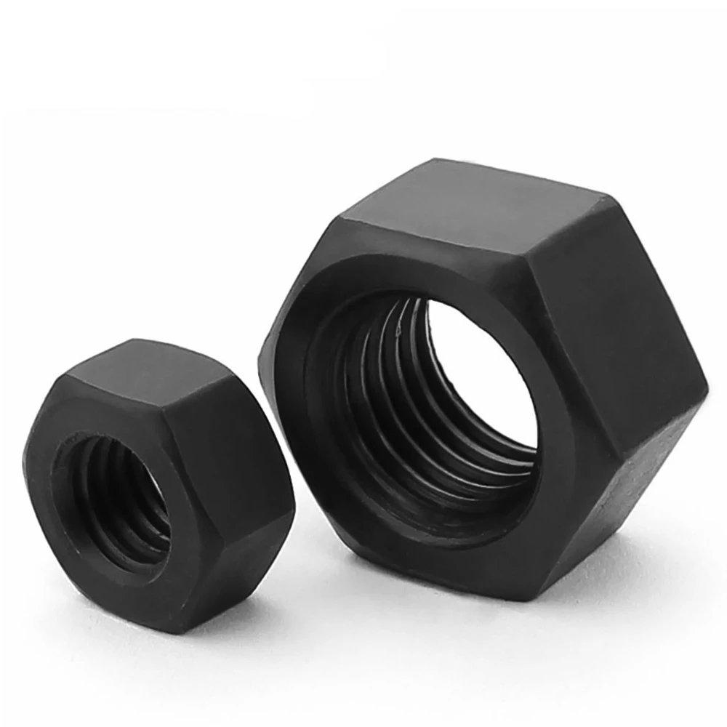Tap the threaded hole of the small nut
tap(109, 494)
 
